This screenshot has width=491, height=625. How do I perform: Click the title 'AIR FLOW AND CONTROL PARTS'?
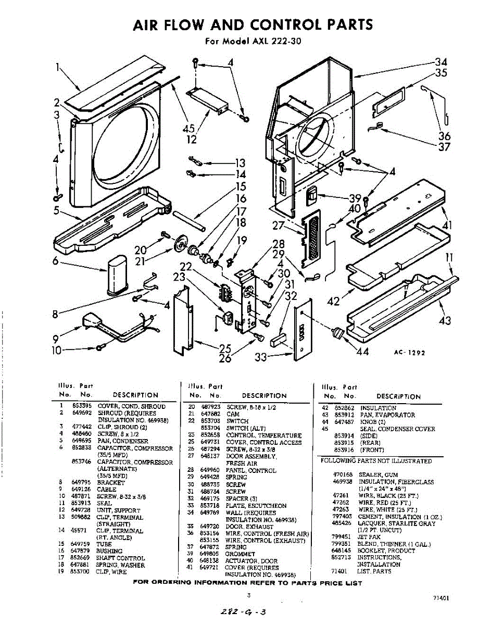253,24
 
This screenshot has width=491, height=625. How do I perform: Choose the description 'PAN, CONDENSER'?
123,441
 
